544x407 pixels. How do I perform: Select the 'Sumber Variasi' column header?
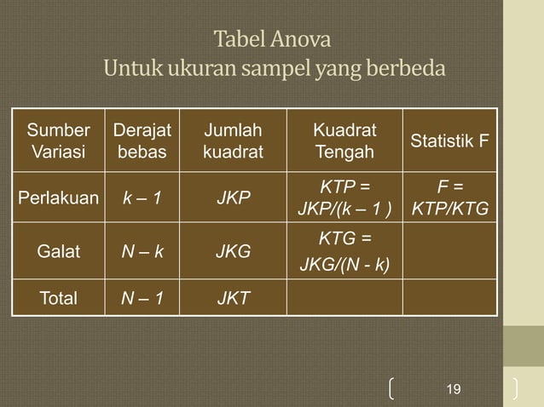pyautogui.click(x=58, y=141)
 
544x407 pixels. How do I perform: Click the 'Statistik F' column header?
pyautogui.click(x=450, y=141)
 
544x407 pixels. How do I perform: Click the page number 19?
pyautogui.click(x=454, y=389)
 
